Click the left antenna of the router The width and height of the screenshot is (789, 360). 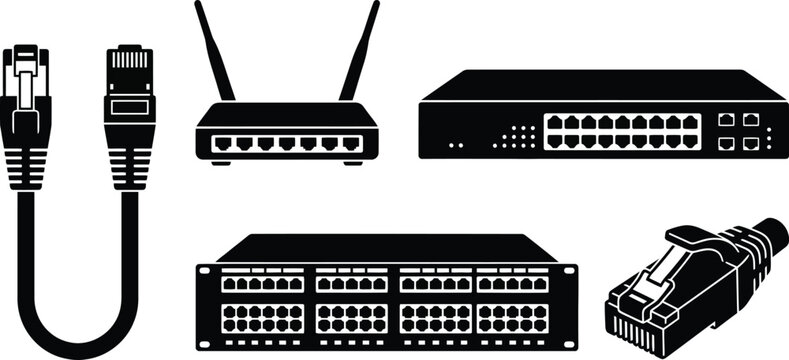[x=214, y=50]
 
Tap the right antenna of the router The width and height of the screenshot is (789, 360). [x=360, y=50]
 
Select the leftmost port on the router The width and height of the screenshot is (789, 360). [x=221, y=143]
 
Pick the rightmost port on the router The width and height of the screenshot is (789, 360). [x=351, y=143]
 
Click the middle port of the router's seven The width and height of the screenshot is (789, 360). [x=286, y=143]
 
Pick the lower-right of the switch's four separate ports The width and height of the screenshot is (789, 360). [x=750, y=142]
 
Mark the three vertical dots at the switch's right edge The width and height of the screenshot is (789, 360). [x=769, y=132]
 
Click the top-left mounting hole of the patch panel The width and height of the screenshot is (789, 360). [x=205, y=270]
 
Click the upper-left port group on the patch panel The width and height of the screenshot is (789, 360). [x=261, y=284]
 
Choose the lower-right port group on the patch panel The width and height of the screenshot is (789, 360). [x=513, y=318]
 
